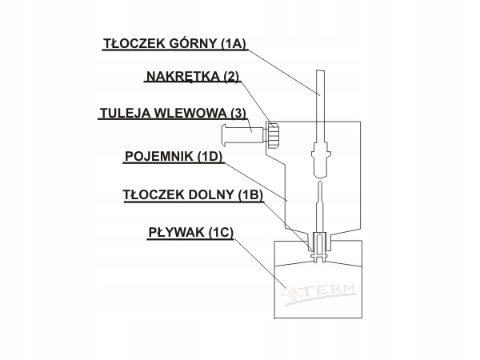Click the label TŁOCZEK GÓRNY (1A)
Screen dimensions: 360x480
point(174,44)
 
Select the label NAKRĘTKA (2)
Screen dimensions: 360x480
point(192,77)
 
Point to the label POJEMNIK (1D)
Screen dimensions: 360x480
point(173,156)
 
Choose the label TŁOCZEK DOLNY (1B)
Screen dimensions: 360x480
point(193,194)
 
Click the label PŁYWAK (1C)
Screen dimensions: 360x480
point(190,233)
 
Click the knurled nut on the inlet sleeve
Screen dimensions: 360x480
point(273,136)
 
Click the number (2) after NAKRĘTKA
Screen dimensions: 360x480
point(231,77)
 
